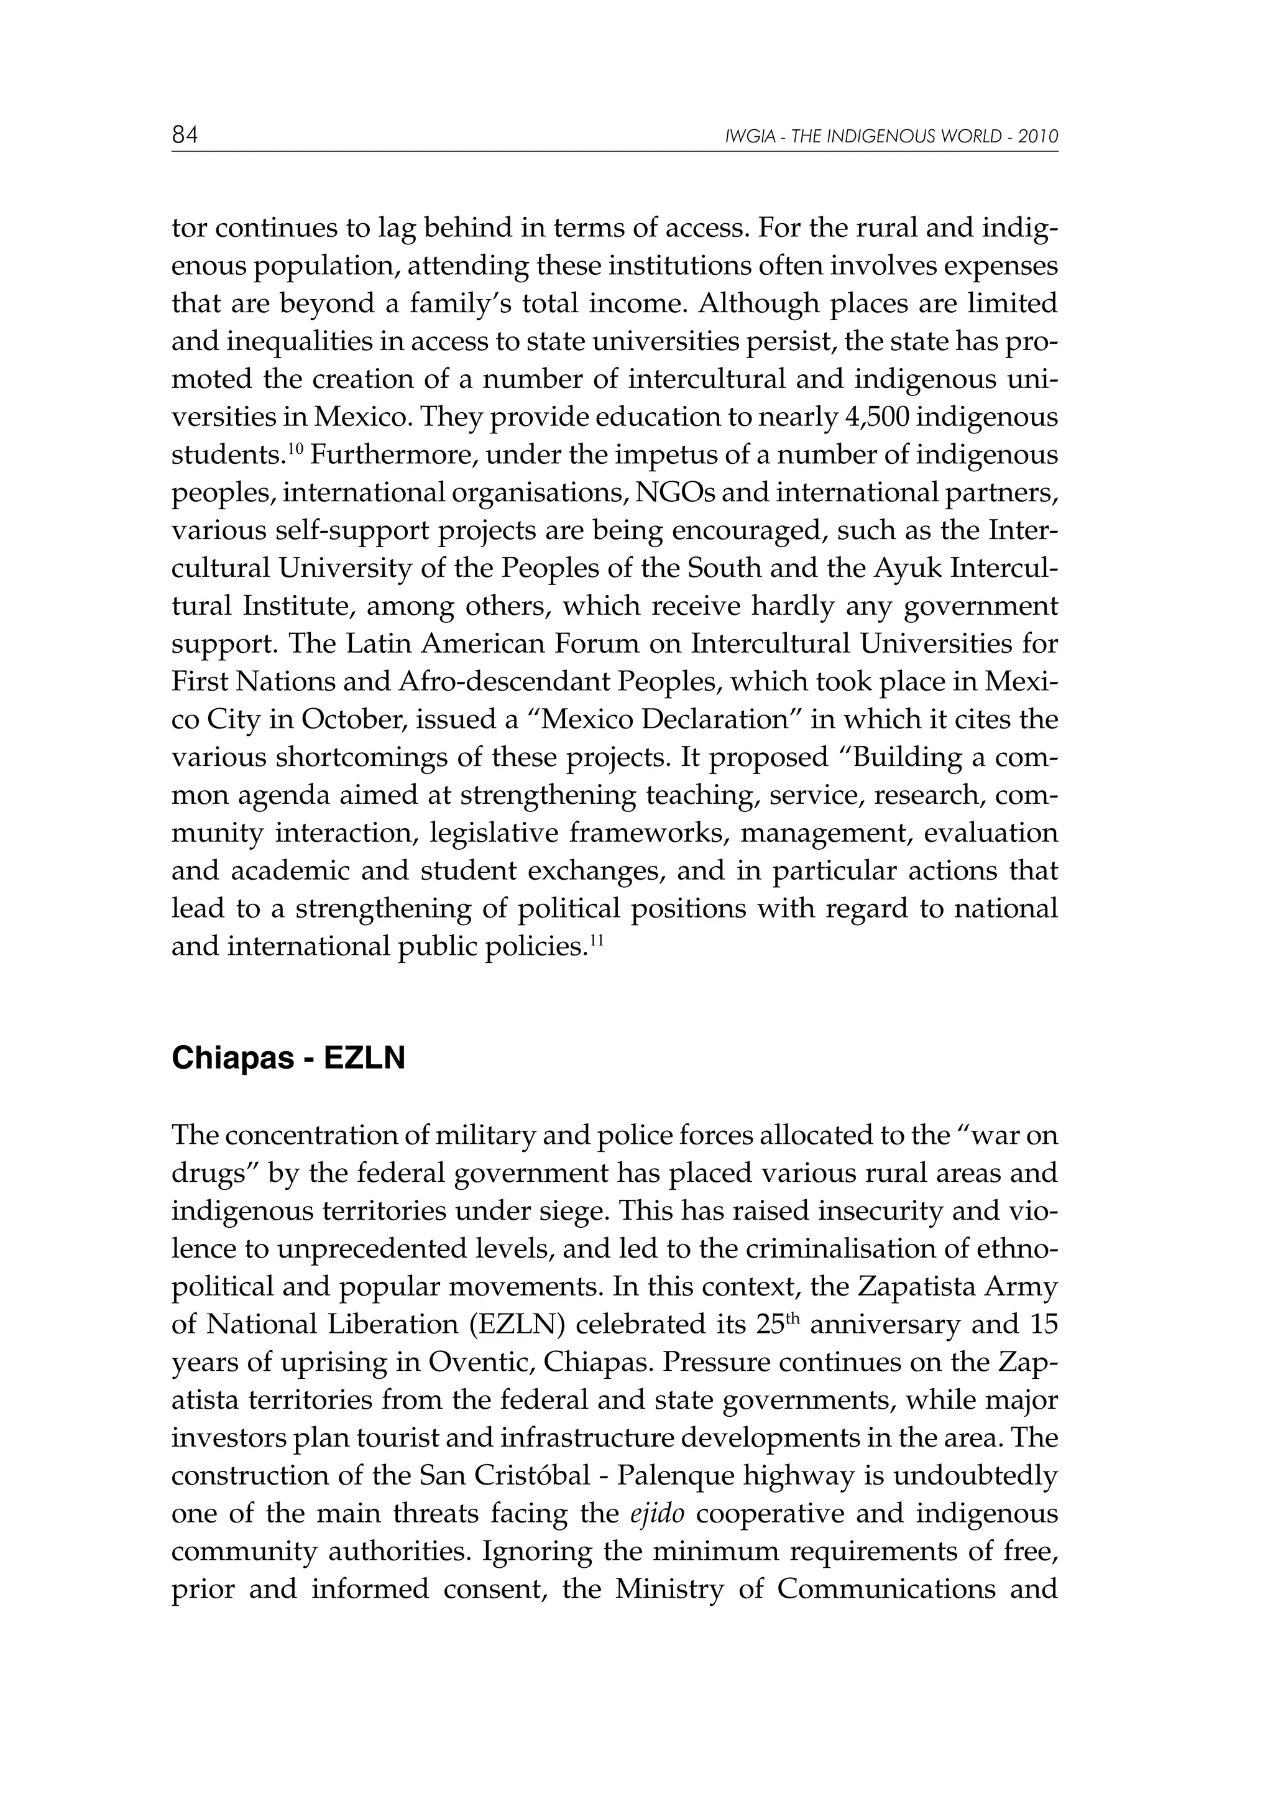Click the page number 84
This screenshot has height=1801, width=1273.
185,136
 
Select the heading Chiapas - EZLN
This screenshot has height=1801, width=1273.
288,1058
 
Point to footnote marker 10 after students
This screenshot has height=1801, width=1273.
295,449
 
